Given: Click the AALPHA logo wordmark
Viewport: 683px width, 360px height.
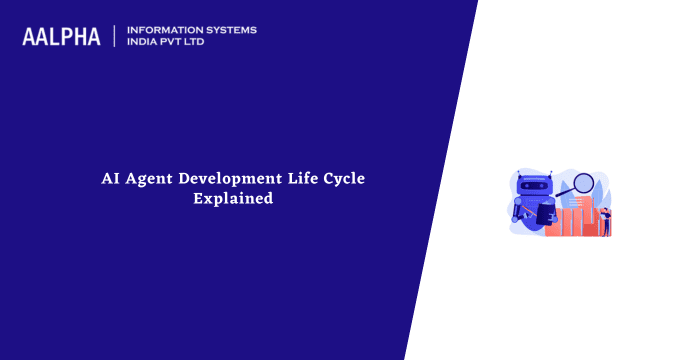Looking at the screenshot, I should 61,36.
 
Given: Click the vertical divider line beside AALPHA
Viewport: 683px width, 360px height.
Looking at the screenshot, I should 116,36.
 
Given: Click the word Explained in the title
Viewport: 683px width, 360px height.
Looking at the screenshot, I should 233,199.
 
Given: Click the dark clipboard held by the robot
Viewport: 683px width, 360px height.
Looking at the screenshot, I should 545,214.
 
